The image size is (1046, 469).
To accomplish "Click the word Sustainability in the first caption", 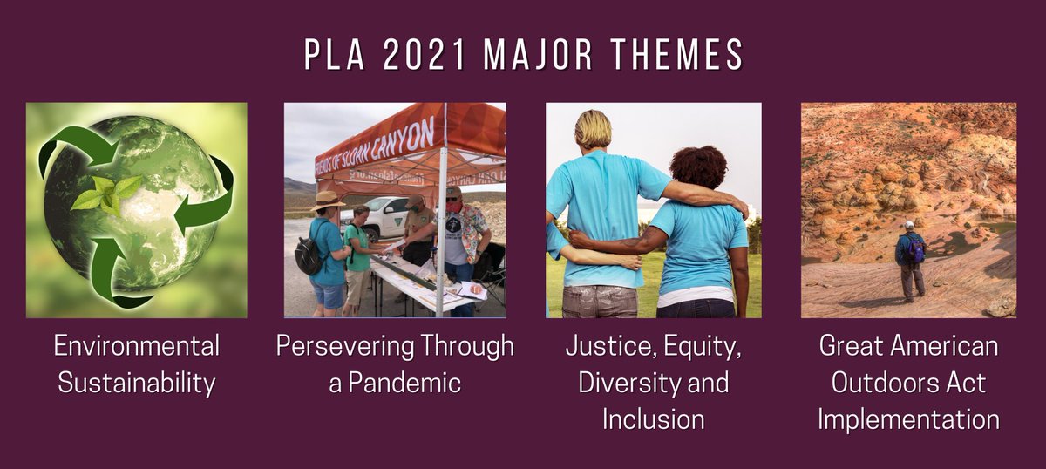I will [136, 384].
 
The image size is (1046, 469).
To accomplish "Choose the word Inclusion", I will [653, 419].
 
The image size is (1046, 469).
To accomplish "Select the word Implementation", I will [908, 419].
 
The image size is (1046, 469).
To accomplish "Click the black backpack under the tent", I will [307, 252].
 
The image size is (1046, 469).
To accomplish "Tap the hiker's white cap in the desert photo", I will [909, 225].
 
